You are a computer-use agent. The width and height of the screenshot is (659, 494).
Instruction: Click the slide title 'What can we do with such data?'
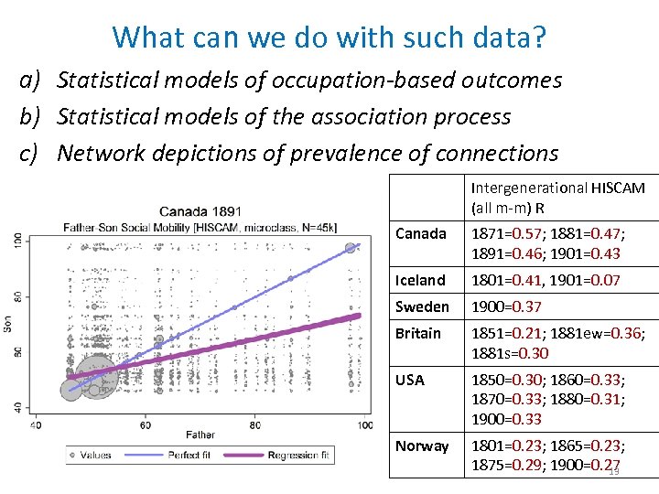click(329, 37)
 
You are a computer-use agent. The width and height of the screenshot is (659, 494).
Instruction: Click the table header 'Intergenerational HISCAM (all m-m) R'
click(557, 198)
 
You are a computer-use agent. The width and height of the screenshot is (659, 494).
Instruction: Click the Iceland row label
click(420, 280)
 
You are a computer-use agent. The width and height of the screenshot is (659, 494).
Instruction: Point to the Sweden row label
click(422, 306)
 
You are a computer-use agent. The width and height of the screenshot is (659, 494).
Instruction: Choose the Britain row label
click(418, 333)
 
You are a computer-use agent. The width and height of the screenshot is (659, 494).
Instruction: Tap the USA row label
click(410, 380)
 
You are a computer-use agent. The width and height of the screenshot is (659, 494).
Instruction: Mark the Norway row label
click(422, 446)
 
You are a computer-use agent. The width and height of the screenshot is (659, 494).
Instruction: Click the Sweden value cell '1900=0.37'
click(506, 306)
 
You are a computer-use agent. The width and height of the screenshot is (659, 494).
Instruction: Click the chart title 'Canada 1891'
click(200, 211)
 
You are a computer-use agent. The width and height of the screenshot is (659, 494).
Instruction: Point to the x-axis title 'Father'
click(200, 435)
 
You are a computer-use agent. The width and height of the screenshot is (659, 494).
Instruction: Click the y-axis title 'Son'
click(9, 324)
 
